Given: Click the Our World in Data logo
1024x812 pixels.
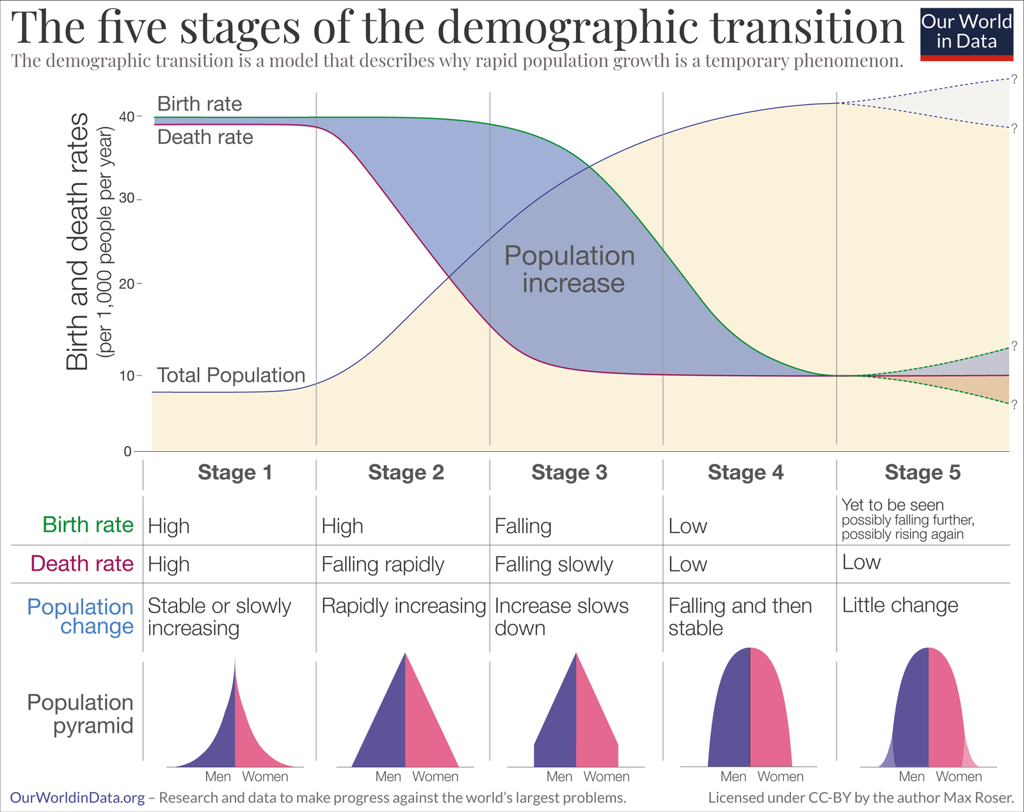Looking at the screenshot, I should tap(966, 33).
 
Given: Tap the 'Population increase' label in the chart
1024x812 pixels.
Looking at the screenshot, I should tap(570, 269).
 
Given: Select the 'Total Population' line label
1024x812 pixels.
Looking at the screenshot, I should tap(231, 375).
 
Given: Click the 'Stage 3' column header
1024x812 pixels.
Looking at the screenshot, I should tap(569, 472).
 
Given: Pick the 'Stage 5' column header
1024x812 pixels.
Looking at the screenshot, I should tap(922, 472).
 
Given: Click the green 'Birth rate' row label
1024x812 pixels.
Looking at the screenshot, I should tap(88, 525).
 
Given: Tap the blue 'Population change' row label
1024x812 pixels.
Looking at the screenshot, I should tap(81, 616).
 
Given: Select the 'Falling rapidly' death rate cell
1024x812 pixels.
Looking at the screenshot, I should tap(383, 564).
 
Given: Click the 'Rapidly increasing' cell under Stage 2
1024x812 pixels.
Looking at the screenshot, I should tap(403, 605).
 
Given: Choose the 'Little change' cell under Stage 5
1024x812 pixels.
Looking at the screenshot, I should tap(900, 605).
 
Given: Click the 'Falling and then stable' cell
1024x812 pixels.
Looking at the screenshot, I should tap(740, 616).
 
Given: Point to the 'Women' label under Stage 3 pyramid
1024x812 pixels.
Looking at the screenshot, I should tap(606, 777).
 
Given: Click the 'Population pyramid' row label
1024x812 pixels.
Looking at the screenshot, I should tap(81, 714).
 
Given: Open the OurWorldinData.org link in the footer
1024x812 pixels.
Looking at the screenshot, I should tap(77, 798).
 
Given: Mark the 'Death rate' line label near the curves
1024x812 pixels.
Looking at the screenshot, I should tap(205, 137).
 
